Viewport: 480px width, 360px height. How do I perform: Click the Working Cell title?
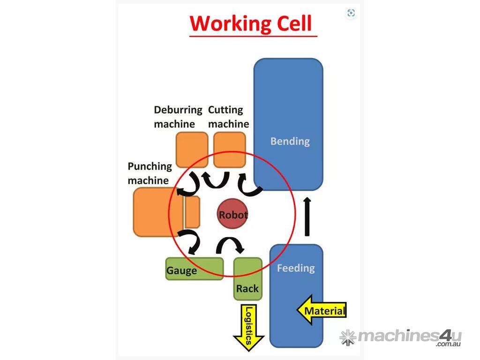pyautogui.click(x=251, y=23)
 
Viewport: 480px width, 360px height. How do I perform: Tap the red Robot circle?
pyautogui.click(x=233, y=215)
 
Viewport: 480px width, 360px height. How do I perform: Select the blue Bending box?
pyautogui.click(x=288, y=124)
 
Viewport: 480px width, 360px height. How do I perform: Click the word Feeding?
pyautogui.click(x=295, y=268)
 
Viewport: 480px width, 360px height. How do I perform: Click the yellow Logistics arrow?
pyautogui.click(x=249, y=327)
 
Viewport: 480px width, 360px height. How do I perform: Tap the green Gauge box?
pyautogui.click(x=194, y=269)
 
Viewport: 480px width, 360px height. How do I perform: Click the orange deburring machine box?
pyautogui.click(x=192, y=150)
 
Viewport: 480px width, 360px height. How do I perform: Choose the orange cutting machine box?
pyautogui.click(x=229, y=150)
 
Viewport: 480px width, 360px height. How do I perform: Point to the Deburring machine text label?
pyautogui.click(x=178, y=117)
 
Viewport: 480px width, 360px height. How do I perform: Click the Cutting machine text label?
pyautogui.click(x=228, y=117)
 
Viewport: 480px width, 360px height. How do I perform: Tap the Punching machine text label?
pyautogui.click(x=150, y=173)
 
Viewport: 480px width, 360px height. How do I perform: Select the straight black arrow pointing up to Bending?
pyautogui.click(x=307, y=217)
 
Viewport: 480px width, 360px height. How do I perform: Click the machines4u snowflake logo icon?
pyautogui.click(x=347, y=337)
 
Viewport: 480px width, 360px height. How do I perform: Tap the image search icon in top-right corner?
pyautogui.click(x=351, y=13)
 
